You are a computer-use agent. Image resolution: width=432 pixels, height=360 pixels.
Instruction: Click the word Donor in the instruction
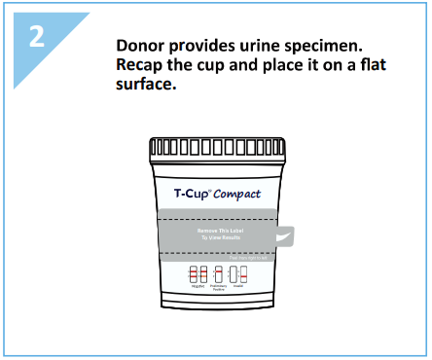[138, 47]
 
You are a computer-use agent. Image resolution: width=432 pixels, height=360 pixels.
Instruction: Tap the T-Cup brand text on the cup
[180, 194]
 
